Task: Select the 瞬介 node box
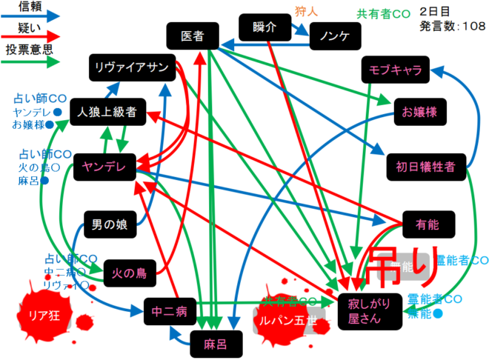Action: pyautogui.click(x=264, y=28)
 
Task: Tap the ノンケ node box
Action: pyautogui.click(x=331, y=34)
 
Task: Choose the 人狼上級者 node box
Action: pyautogui.click(x=107, y=113)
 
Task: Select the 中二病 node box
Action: pyautogui.click(x=170, y=310)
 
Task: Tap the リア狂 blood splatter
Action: pyautogui.click(x=41, y=312)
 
